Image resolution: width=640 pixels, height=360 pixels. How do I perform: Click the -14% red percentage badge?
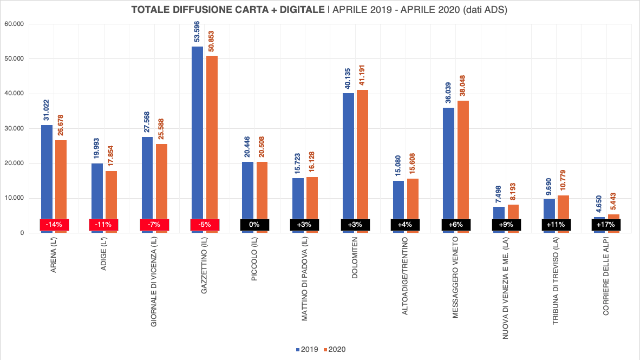pyautogui.click(x=54, y=224)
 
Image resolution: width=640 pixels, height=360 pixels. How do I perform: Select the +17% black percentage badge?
pyautogui.click(x=606, y=224)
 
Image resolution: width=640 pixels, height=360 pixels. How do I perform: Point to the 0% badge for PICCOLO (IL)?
pyautogui.click(x=254, y=224)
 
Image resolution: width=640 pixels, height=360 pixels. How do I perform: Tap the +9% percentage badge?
pyautogui.click(x=506, y=224)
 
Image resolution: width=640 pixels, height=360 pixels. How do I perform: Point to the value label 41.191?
pyautogui.click(x=363, y=74)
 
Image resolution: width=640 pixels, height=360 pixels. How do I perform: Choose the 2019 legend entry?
pyautogui.click(x=307, y=350)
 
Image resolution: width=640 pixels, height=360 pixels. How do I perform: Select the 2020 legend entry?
pyautogui.click(x=334, y=350)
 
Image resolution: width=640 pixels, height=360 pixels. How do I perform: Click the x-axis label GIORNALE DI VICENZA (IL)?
pyautogui.click(x=154, y=282)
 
